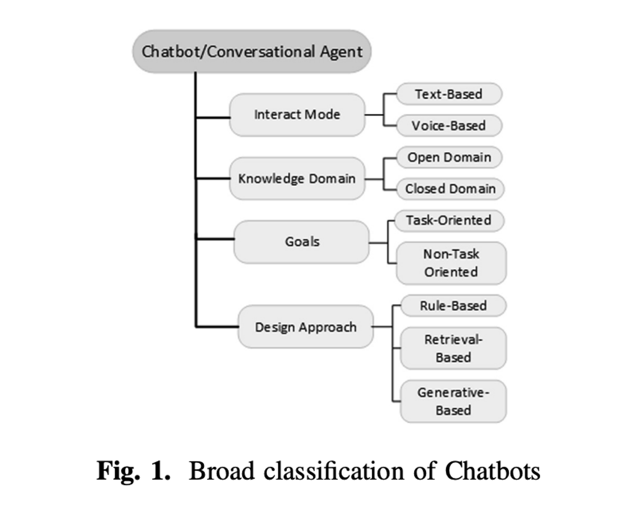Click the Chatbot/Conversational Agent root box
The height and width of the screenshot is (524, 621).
pos(252,52)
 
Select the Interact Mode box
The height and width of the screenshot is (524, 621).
pos(297,115)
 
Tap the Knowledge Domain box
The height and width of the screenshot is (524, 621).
pos(297,179)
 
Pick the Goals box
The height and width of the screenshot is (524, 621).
pos(301,242)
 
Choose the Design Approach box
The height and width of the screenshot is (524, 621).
pos(306,327)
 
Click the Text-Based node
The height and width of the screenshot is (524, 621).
pos(449,94)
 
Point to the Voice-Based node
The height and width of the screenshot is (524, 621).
pos(449,126)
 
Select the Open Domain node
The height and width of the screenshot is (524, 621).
pos(449,157)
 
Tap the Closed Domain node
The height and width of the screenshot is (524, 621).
pos(450,189)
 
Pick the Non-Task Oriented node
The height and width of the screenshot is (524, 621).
pos(451,263)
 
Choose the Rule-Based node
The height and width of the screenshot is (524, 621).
pos(454,306)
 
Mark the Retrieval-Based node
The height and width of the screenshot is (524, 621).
pos(454,348)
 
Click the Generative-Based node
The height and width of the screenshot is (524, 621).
pos(454,401)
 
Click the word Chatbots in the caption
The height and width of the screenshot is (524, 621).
pos(493,471)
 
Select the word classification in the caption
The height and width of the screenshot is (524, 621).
pos(334,471)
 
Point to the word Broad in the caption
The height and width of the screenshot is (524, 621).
pos(222,471)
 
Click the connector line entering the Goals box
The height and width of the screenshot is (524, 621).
pos(215,239)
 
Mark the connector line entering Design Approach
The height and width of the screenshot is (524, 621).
pos(217,326)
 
